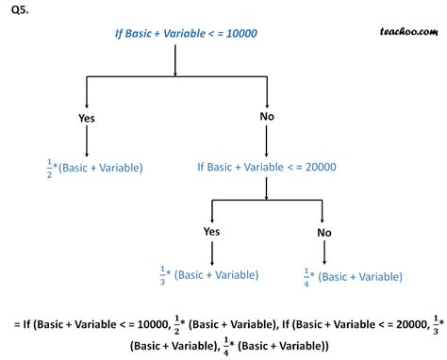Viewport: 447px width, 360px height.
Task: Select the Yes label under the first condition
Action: [87, 118]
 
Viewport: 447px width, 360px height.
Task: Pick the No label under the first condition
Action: [267, 118]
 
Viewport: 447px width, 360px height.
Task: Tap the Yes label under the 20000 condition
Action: [212, 231]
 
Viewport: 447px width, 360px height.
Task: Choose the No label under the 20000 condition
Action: [324, 231]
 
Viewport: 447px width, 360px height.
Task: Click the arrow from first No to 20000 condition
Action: [268, 141]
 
